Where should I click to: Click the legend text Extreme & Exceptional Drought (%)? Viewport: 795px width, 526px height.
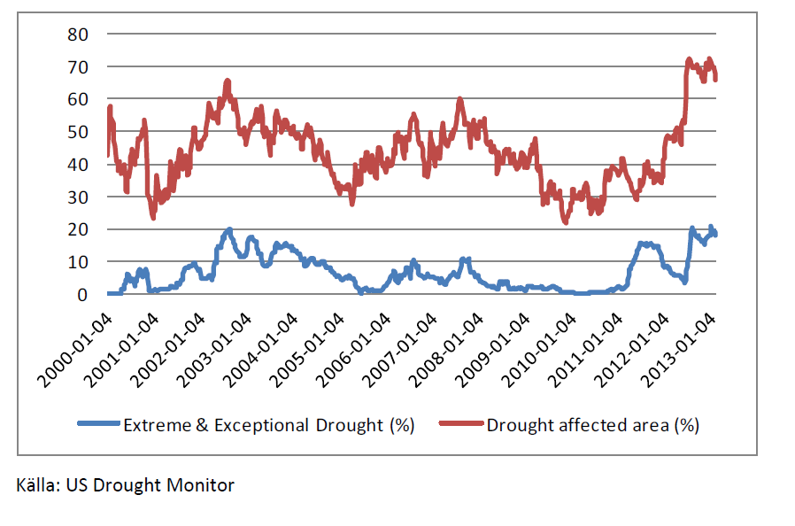click(x=269, y=424)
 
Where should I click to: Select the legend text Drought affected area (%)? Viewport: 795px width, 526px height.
click(x=592, y=424)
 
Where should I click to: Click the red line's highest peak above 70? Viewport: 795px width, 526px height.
click(x=689, y=59)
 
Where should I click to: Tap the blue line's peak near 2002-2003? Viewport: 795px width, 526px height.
click(x=229, y=229)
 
